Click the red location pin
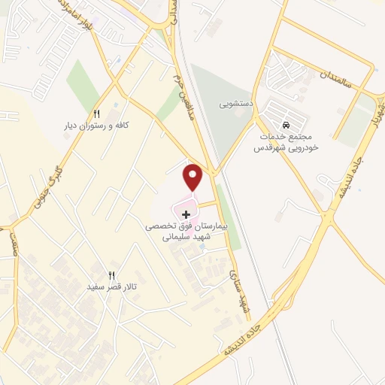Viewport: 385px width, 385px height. click(194, 176)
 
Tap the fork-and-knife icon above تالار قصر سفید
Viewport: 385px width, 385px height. click(112, 275)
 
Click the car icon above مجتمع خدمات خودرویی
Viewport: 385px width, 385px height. click(286, 125)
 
